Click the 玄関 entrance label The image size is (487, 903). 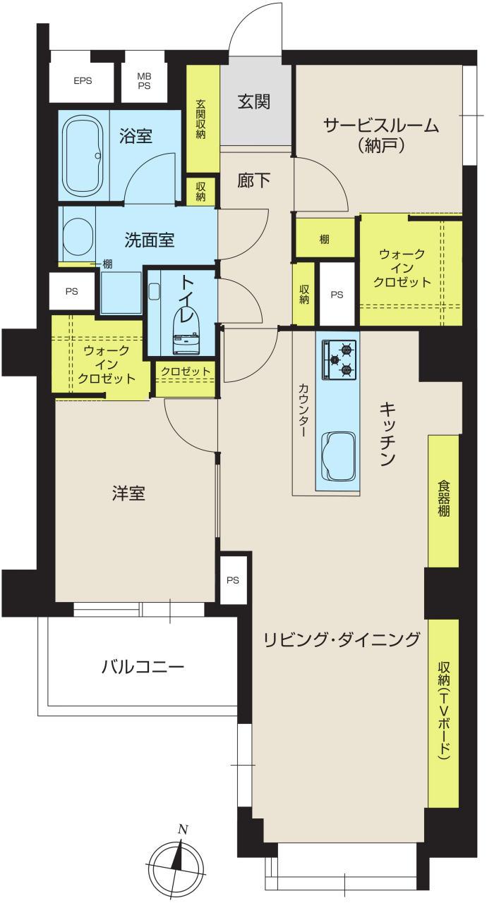[254, 102]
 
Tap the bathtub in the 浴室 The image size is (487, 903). [84, 156]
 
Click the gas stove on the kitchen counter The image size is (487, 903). [339, 360]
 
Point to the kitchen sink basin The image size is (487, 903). [338, 456]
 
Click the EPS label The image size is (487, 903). [83, 81]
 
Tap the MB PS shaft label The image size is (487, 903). [144, 81]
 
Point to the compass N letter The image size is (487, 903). [184, 830]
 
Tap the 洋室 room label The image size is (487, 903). [128, 493]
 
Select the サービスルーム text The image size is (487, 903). [381, 126]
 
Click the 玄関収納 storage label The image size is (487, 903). [200, 119]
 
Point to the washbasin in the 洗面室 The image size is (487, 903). [78, 236]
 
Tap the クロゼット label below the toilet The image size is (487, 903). [186, 371]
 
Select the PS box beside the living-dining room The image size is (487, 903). [233, 580]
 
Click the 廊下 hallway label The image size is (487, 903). [254, 180]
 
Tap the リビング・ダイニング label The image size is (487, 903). [342, 640]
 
